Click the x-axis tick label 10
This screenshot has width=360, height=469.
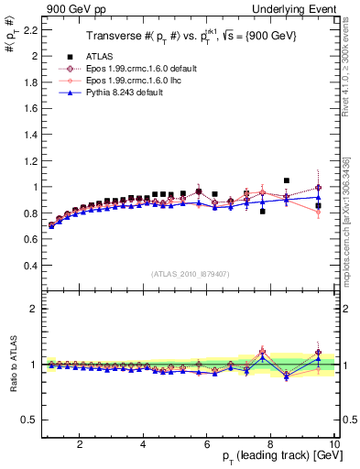click(334, 443)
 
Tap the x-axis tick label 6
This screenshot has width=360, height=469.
click(207, 443)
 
